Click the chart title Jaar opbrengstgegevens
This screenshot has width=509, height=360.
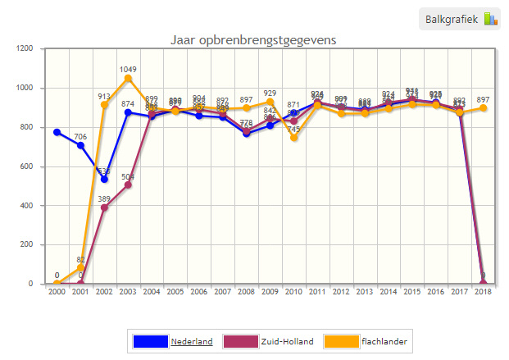[253, 39]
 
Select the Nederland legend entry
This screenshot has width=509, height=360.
[191, 341]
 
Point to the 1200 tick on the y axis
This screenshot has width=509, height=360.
[25, 48]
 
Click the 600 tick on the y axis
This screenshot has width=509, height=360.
[27, 166]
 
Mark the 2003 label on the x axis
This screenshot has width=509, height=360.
[128, 293]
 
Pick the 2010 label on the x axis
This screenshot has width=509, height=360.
[293, 293]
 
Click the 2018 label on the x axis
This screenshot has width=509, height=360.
[483, 293]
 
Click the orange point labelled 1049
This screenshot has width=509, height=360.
[128, 79]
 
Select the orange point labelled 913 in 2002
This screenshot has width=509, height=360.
[104, 105]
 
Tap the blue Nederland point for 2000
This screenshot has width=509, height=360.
[57, 132]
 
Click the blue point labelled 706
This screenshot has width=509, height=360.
[80, 145]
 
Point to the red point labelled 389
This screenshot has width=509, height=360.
[104, 207]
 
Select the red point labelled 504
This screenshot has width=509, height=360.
[128, 185]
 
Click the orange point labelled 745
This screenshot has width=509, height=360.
[293, 138]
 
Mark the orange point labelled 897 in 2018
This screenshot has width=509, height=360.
[483, 108]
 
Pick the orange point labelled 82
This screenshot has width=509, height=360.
[80, 267]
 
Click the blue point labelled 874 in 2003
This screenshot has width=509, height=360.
[128, 112]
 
